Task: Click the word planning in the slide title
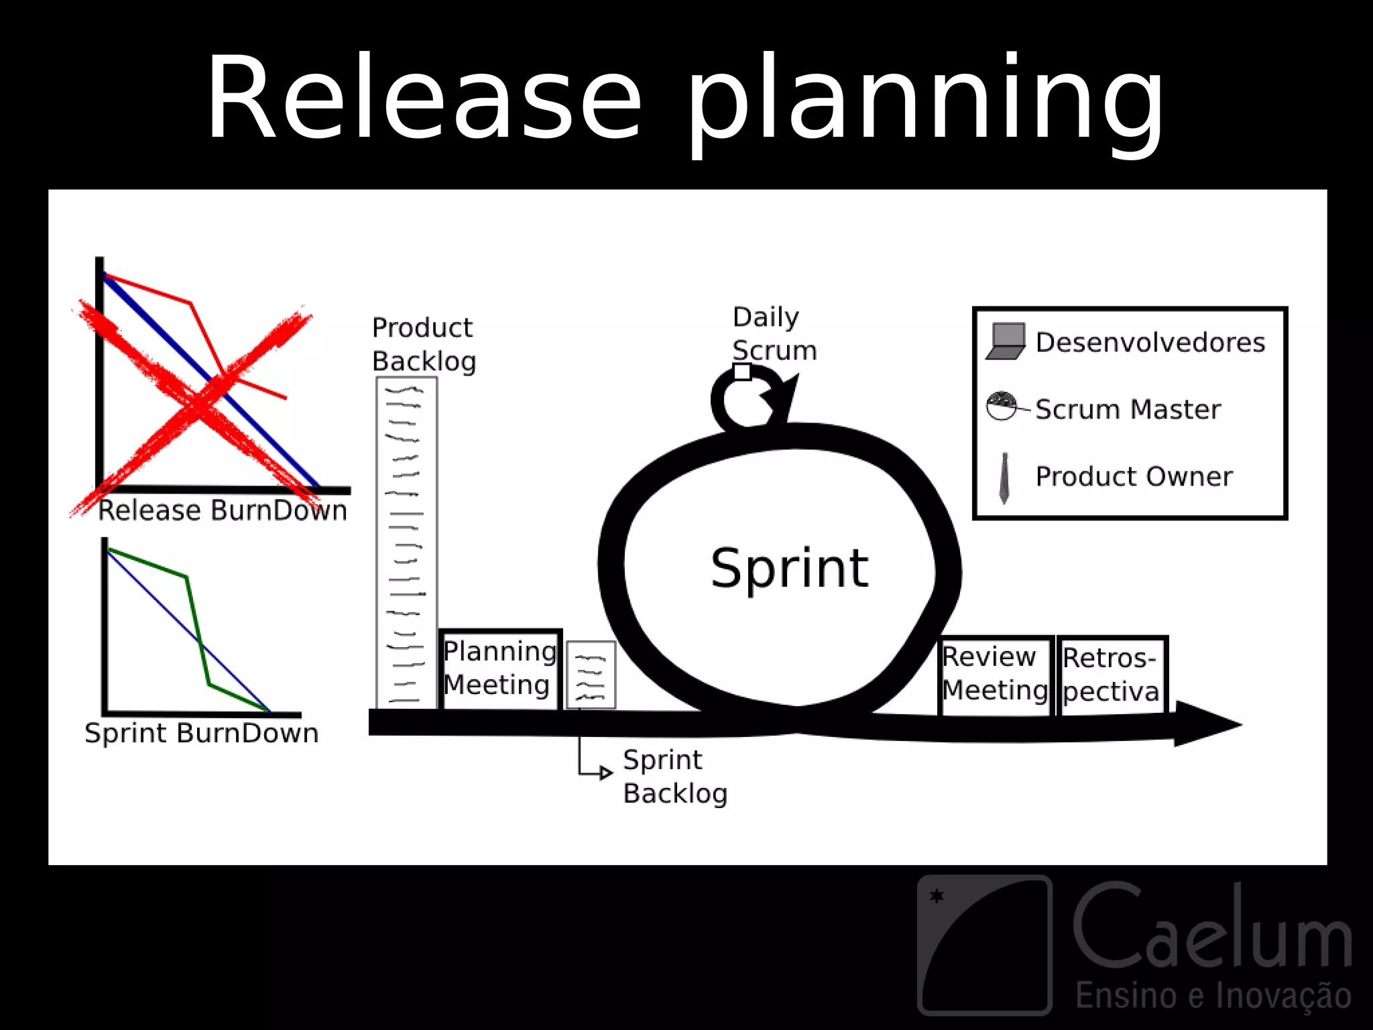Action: click(x=925, y=101)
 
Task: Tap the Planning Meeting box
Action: click(x=499, y=669)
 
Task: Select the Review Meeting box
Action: click(x=995, y=674)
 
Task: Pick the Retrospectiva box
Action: click(x=1112, y=675)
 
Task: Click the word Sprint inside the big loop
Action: click(x=789, y=569)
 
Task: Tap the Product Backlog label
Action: click(x=423, y=344)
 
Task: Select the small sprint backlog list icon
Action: click(x=591, y=675)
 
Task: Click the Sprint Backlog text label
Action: click(x=674, y=777)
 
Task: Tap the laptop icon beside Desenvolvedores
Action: click(x=1006, y=341)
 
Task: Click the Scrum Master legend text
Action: click(x=1128, y=409)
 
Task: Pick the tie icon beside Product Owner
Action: click(x=1004, y=477)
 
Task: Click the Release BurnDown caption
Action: click(x=223, y=511)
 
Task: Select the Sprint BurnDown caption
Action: click(x=201, y=733)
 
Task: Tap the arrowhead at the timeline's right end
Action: click(x=1207, y=724)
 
